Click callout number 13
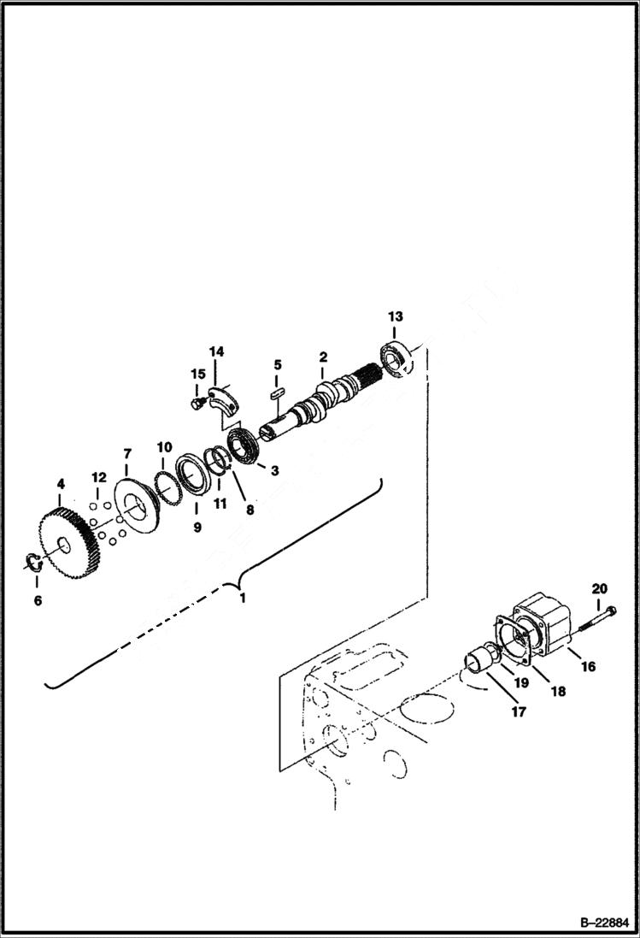point(395,317)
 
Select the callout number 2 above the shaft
point(323,357)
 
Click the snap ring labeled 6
point(32,562)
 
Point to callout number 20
point(599,588)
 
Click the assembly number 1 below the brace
point(242,598)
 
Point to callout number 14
point(216,351)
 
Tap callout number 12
point(99,477)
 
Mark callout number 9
point(197,528)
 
